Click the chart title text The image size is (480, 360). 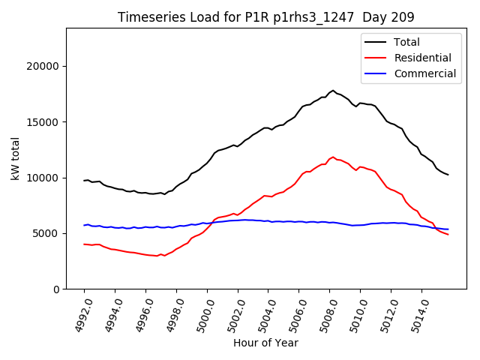(x=266, y=16)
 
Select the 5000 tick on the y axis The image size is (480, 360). (x=48, y=233)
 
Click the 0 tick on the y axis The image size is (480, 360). (x=57, y=289)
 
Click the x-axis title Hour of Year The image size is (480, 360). (x=265, y=343)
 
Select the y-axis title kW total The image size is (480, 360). (x=15, y=158)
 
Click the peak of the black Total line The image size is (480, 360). (x=333, y=90)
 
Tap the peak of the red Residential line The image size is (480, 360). (x=333, y=157)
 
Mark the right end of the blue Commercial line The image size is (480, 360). (x=448, y=229)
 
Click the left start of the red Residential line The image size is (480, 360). (x=84, y=244)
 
